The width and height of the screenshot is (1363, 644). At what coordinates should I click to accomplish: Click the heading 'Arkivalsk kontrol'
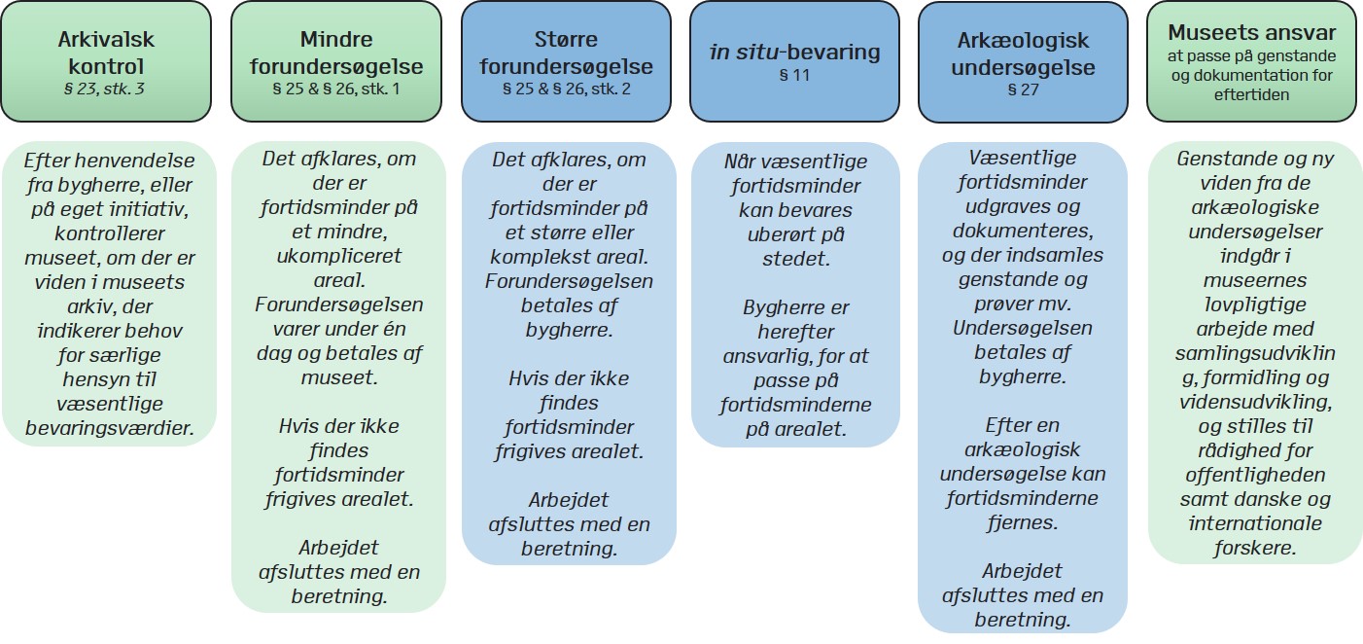(106, 53)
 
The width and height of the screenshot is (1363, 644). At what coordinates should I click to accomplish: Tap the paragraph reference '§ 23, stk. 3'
(105, 89)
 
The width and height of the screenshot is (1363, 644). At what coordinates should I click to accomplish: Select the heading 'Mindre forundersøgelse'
(336, 53)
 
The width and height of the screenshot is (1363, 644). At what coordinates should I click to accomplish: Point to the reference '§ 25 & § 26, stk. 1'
(336, 89)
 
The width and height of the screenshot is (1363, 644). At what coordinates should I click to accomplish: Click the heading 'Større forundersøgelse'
(566, 53)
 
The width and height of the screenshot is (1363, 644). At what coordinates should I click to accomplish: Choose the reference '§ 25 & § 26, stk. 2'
(566, 89)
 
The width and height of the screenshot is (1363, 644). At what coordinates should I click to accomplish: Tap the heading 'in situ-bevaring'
(794, 53)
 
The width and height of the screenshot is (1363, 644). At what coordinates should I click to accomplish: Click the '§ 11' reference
(794, 76)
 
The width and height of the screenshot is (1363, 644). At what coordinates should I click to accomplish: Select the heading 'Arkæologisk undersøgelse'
(1023, 54)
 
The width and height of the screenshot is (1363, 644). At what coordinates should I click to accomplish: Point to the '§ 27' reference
(1023, 90)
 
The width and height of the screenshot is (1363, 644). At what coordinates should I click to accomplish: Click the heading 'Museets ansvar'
(1251, 32)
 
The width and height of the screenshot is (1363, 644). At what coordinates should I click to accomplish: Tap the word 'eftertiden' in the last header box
(1251, 95)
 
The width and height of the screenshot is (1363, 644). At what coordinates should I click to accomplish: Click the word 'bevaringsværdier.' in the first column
(110, 428)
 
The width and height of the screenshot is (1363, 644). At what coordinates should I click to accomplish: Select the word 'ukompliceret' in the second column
(339, 256)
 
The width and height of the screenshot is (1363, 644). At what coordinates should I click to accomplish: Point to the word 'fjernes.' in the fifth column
(1023, 522)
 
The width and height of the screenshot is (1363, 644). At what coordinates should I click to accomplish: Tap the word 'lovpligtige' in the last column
(1255, 304)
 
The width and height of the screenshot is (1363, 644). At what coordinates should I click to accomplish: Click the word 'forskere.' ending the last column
(1255, 548)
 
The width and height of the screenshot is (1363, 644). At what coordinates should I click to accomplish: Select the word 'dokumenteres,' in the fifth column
(1023, 231)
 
